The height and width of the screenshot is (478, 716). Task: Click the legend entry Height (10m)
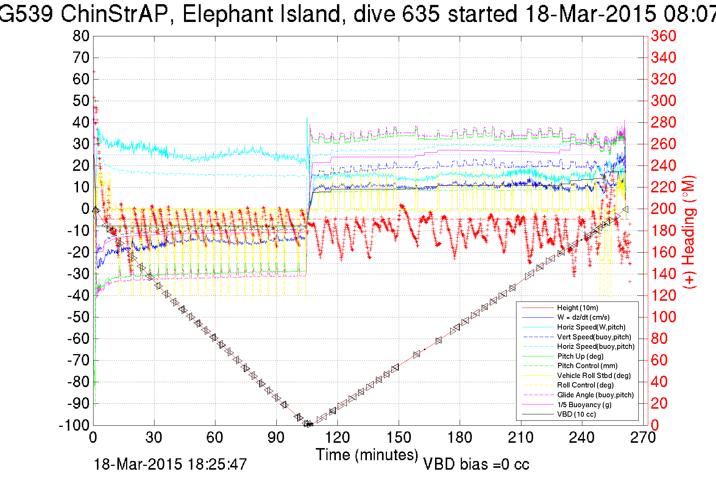coord(577,308)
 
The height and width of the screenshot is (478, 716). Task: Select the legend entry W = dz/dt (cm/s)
coord(583,317)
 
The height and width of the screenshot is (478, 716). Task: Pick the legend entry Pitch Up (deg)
coord(580,356)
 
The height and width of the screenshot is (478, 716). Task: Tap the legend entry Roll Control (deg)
coord(585,385)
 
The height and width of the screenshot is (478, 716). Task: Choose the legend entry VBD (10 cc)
coord(576,414)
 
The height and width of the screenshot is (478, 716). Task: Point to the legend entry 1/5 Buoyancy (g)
coord(584,405)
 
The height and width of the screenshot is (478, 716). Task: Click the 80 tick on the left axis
coord(81,36)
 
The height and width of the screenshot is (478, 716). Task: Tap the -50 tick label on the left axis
coord(78,317)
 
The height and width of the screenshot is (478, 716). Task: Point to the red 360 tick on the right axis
coord(663,36)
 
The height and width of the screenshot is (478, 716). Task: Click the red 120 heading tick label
coord(663,295)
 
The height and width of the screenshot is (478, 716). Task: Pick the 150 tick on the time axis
coord(398,438)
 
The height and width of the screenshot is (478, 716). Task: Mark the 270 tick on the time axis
coord(643,438)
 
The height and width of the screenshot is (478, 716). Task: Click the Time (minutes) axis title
coord(367,455)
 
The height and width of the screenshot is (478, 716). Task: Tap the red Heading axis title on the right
coord(689,232)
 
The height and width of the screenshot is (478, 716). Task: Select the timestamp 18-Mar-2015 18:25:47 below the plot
coord(170,464)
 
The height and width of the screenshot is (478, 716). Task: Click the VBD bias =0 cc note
coord(476,464)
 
